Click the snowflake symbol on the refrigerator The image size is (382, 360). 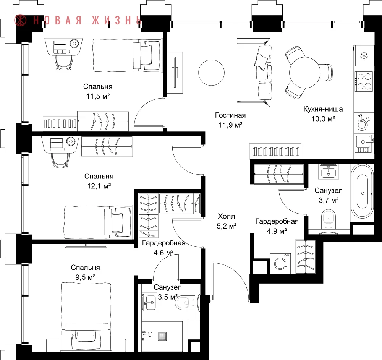pyautogui.click(x=364, y=56)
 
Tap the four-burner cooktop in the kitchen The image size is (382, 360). pyautogui.click(x=364, y=81)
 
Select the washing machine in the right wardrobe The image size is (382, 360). pyautogui.click(x=280, y=264)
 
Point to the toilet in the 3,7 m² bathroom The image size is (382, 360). pyautogui.click(x=329, y=219)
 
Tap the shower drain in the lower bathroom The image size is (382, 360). pyautogui.click(x=162, y=336)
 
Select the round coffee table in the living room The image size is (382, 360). pyautogui.click(x=211, y=72)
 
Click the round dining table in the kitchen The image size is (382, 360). pyautogui.click(x=305, y=73)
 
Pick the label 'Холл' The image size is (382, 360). pyautogui.click(x=226, y=216)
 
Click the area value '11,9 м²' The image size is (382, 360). pyautogui.click(x=230, y=125)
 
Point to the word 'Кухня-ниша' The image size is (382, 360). pyautogui.click(x=323, y=109)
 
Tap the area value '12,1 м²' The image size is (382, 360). pyautogui.click(x=99, y=186)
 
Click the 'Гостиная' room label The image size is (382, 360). pyautogui.click(x=230, y=115)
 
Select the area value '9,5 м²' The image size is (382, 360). pyautogui.click(x=85, y=277)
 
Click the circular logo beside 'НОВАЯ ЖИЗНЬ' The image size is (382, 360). pyautogui.click(x=20, y=20)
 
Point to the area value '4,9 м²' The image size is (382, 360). pyautogui.click(x=277, y=231)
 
